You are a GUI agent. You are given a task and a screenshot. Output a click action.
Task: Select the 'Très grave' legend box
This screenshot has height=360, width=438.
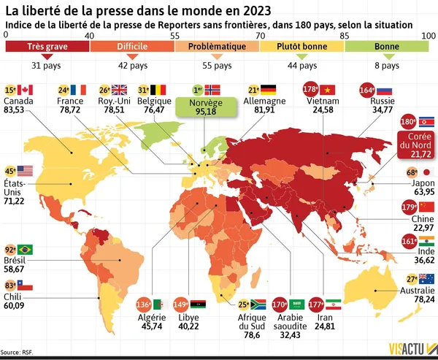pos(47,47)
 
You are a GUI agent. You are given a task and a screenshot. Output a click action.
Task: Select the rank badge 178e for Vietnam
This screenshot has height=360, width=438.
pos(310,89)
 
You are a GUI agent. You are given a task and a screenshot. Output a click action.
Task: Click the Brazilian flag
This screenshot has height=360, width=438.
pos(24,249)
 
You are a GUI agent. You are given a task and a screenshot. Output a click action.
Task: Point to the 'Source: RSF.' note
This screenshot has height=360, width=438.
pos(18,353)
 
